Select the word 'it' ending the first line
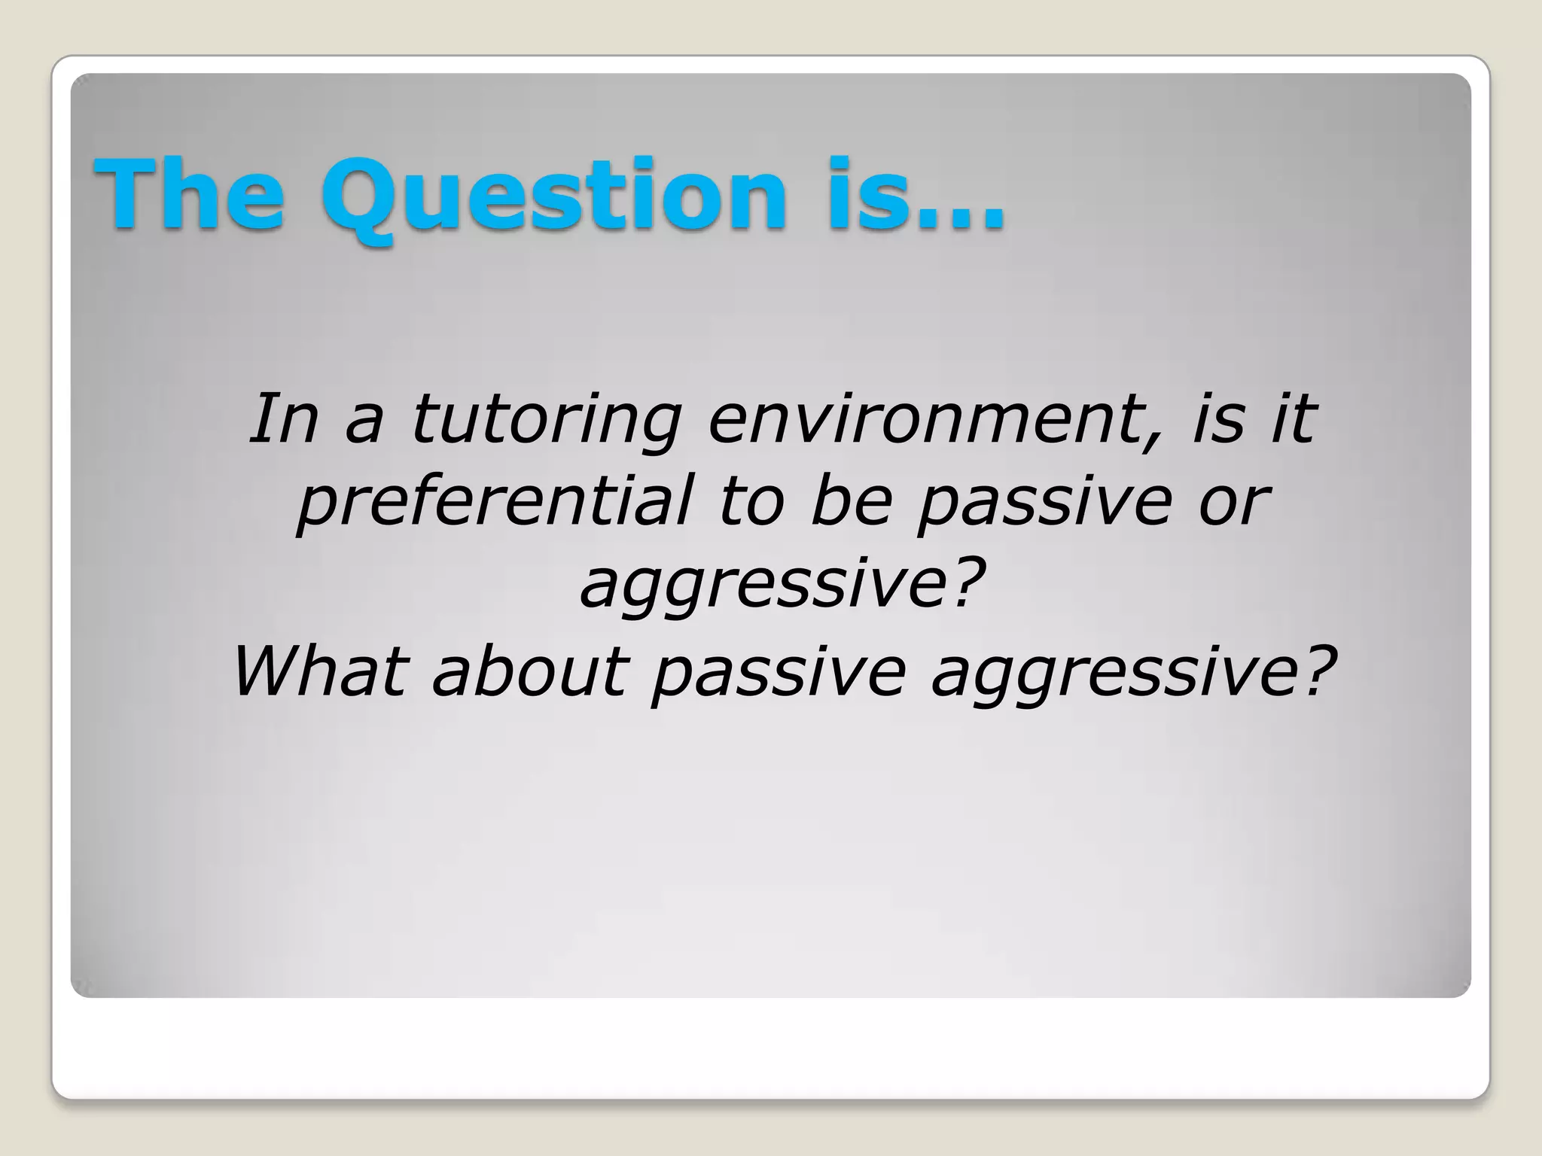coord(1293,419)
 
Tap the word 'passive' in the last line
coord(779,671)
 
